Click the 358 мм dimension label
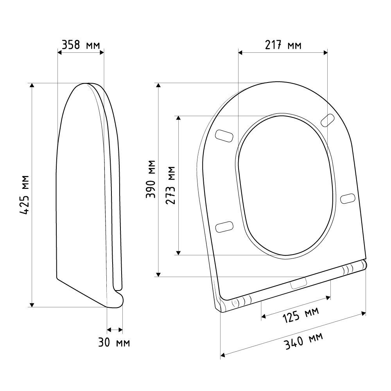pyautogui.click(x=81, y=45)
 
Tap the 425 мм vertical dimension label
pyautogui.click(x=25, y=195)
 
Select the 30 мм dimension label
pyautogui.click(x=114, y=342)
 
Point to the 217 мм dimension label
pyautogui.click(x=283, y=45)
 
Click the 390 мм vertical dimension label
pyautogui.click(x=151, y=179)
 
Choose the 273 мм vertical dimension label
pyautogui.click(x=170, y=185)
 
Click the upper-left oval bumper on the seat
pyautogui.click(x=224, y=136)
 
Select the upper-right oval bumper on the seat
pyautogui.click(x=328, y=120)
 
